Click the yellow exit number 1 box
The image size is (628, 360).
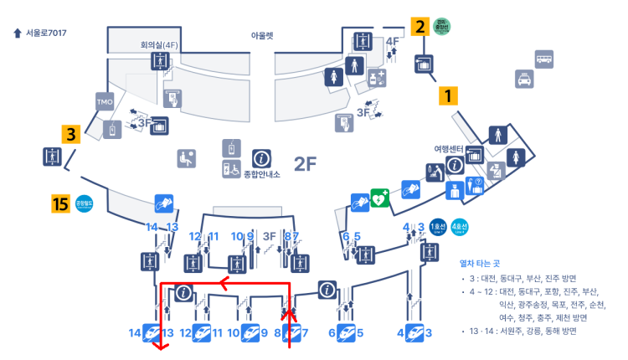click(449, 95)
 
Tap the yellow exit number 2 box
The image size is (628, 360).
click(420, 27)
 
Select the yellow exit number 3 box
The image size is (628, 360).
click(71, 133)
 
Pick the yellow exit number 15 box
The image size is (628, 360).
click(59, 203)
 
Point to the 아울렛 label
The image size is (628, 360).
click(262, 36)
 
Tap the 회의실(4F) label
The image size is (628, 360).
click(158, 44)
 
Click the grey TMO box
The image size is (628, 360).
click(104, 103)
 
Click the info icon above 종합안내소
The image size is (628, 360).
click(261, 157)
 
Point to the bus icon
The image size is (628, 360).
click(544, 58)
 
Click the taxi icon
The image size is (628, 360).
click(524, 79)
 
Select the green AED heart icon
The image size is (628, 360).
click(379, 198)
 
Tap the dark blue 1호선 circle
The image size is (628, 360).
click(436, 227)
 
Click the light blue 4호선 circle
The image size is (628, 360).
click(459, 227)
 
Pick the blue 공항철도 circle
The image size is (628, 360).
click(84, 203)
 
